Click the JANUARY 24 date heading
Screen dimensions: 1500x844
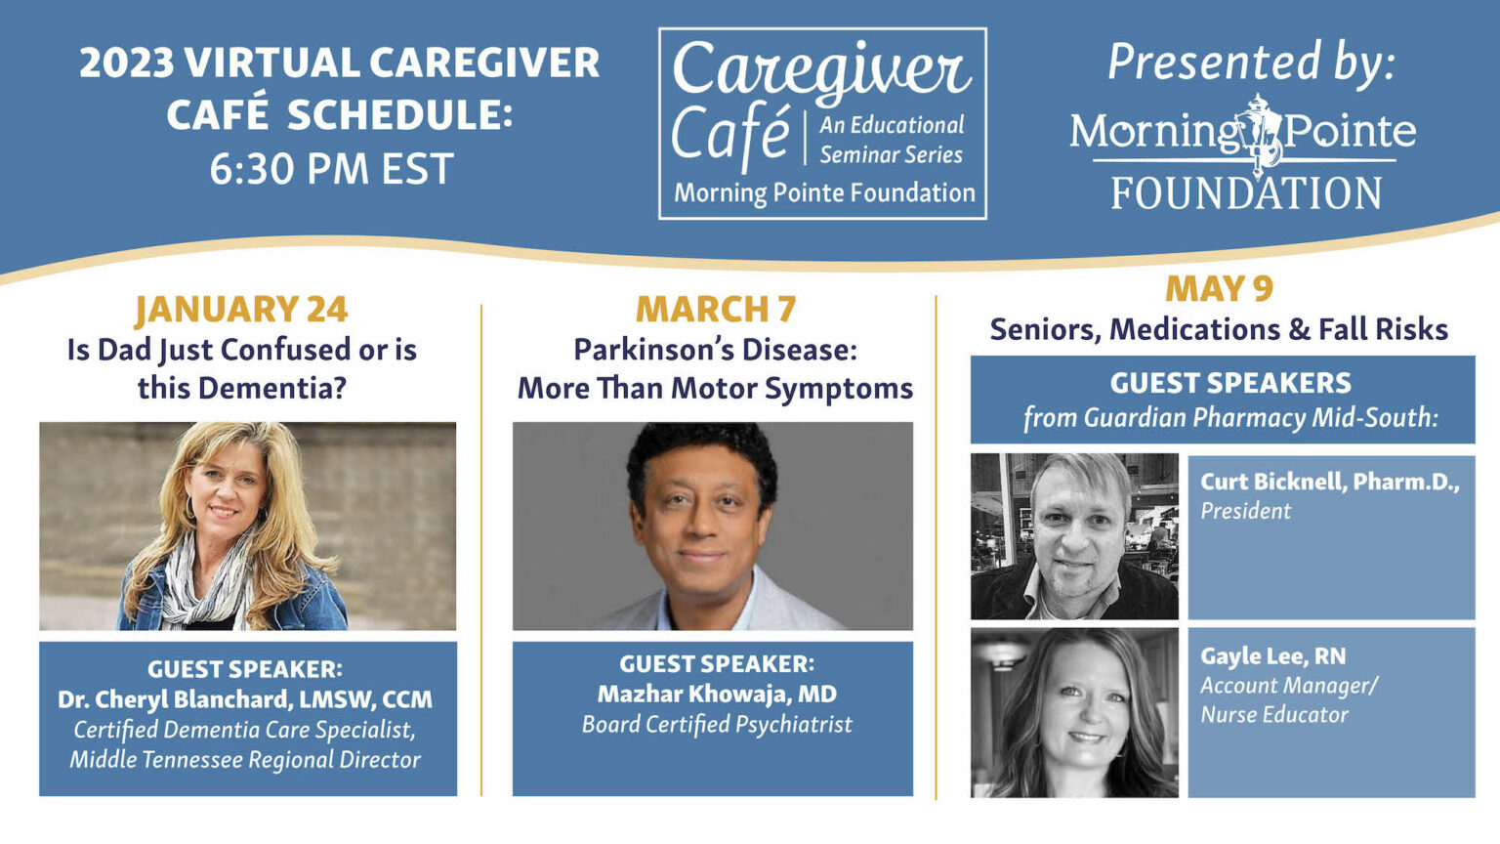click(x=241, y=310)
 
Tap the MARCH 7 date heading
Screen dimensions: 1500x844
click(x=716, y=310)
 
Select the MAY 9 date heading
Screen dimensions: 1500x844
click(x=1219, y=289)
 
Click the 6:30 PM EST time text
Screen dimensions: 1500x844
click(x=332, y=168)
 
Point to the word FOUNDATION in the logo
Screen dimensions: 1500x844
click(x=1246, y=192)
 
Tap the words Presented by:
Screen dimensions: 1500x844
click(x=1251, y=63)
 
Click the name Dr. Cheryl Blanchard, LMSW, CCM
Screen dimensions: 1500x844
click(x=245, y=699)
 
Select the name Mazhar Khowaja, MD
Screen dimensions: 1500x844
click(x=717, y=694)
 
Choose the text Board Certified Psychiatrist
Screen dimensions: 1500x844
click(x=717, y=724)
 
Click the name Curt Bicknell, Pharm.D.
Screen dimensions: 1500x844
click(x=1328, y=482)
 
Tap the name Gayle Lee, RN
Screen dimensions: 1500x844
click(x=1273, y=655)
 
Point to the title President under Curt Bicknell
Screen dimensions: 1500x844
click(x=1245, y=511)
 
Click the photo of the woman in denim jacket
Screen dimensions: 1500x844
click(x=248, y=526)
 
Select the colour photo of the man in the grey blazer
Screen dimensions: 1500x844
click(x=713, y=526)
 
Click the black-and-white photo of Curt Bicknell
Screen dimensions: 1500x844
click(x=1074, y=536)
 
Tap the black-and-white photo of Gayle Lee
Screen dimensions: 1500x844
click(x=1074, y=713)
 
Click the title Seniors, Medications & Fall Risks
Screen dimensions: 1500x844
click(x=1219, y=329)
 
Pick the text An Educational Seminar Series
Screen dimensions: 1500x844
click(x=892, y=140)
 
